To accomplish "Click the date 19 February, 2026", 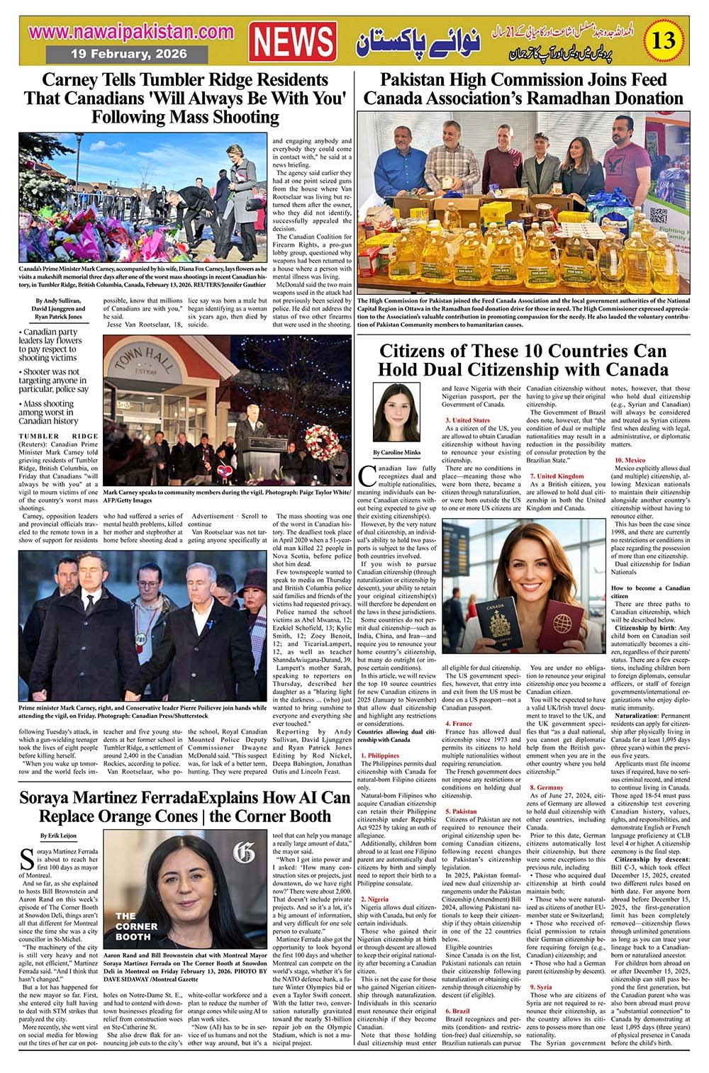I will [x=129, y=54].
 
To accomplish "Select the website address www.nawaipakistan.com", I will [x=132, y=32].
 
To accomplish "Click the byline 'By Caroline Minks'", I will [x=396, y=452].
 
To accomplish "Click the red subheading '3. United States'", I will [x=467, y=420].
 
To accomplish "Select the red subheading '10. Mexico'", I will [x=630, y=461].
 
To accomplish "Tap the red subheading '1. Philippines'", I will [x=379, y=756].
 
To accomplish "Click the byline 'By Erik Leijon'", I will [x=41, y=836].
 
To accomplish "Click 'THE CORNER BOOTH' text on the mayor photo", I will [x=136, y=926].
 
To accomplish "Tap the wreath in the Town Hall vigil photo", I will [x=330, y=444].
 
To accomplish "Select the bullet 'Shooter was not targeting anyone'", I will [x=53, y=380].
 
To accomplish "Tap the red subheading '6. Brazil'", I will [x=457, y=1011].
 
